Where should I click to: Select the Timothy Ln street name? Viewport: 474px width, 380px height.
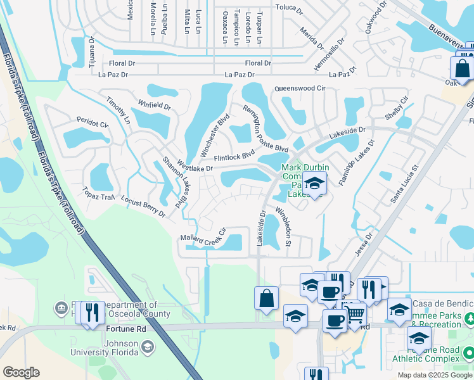(118, 111)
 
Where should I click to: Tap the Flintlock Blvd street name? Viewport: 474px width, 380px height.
(234, 154)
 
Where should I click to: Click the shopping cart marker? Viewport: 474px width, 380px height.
(355, 313)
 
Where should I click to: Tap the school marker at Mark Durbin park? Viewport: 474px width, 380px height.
(314, 183)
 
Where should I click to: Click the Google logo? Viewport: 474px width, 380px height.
(21, 372)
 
